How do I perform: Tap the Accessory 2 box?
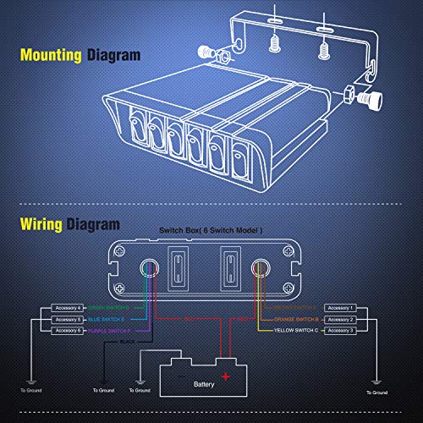pyautogui.click(x=340, y=319)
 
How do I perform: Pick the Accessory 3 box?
pyautogui.click(x=340, y=330)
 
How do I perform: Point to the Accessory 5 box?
pyautogui.click(x=67, y=319)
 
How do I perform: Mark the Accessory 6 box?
pyautogui.click(x=67, y=330)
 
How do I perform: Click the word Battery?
pyautogui.click(x=204, y=383)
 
